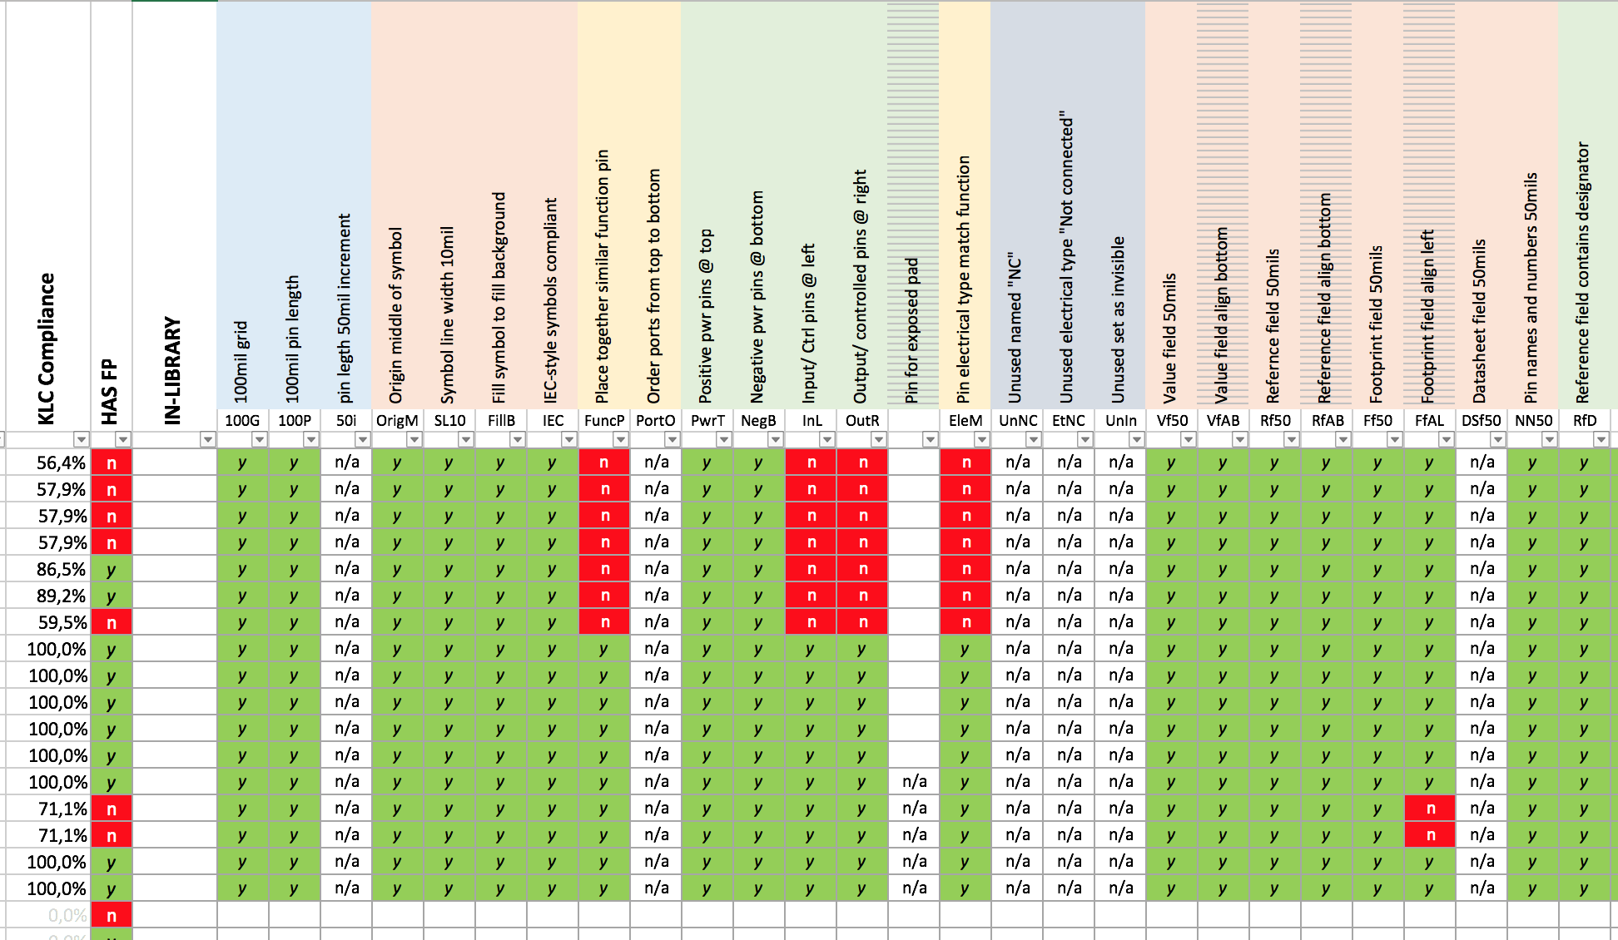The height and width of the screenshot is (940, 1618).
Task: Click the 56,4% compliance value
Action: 61,463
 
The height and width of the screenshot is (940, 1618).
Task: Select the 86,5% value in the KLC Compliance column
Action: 61,570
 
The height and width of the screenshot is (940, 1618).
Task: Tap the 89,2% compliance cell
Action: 61,596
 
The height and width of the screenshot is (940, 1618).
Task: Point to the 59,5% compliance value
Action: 61,623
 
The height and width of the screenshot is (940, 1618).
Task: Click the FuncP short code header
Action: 604,421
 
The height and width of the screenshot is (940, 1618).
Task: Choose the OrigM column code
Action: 397,421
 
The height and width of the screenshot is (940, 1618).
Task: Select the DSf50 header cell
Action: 1482,421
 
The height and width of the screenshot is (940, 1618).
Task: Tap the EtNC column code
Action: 1069,421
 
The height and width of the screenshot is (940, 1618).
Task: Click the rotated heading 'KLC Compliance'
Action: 47,349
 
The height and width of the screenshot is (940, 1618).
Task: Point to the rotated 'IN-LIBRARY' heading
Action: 172,370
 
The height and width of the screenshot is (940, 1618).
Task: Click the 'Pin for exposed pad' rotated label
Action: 912,330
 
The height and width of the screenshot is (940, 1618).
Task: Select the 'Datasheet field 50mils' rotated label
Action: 1480,321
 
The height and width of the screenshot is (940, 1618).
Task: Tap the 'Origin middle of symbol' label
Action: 396,315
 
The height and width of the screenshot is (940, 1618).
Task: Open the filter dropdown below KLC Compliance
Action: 81,439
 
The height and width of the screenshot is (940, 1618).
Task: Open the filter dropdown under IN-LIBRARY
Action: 207,439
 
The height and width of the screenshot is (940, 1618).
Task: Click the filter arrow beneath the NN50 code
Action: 1549,439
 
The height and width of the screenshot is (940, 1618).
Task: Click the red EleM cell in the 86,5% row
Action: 965,570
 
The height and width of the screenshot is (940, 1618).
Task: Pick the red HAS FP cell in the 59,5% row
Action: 112,623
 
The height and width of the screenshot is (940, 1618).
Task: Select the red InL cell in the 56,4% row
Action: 811,463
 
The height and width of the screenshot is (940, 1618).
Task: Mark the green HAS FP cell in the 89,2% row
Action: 112,596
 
